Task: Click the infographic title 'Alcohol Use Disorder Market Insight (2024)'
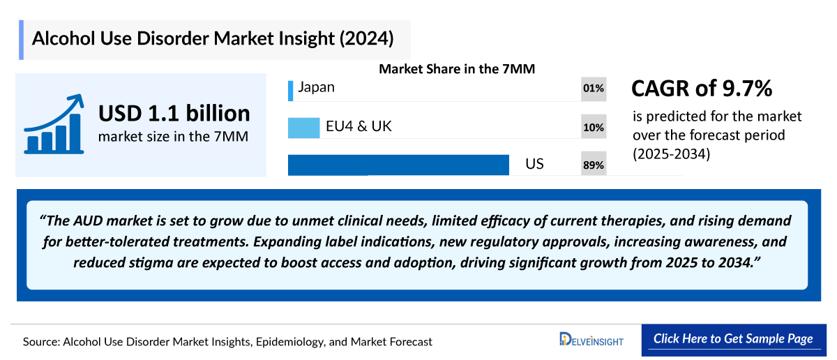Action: click(213, 38)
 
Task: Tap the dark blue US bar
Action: click(398, 165)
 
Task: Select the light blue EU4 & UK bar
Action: click(303, 127)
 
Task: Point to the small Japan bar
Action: click(290, 90)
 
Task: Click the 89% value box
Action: click(594, 165)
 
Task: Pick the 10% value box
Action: click(594, 127)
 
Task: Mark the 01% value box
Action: click(594, 89)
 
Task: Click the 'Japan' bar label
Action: click(316, 87)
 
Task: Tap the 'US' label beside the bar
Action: click(534, 164)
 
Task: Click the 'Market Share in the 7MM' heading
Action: click(461, 69)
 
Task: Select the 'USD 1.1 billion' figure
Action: click(174, 113)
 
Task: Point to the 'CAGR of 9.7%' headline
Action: click(701, 89)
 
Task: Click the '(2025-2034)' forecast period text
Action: click(671, 154)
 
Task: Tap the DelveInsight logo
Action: click(591, 340)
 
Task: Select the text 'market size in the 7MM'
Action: click(173, 137)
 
